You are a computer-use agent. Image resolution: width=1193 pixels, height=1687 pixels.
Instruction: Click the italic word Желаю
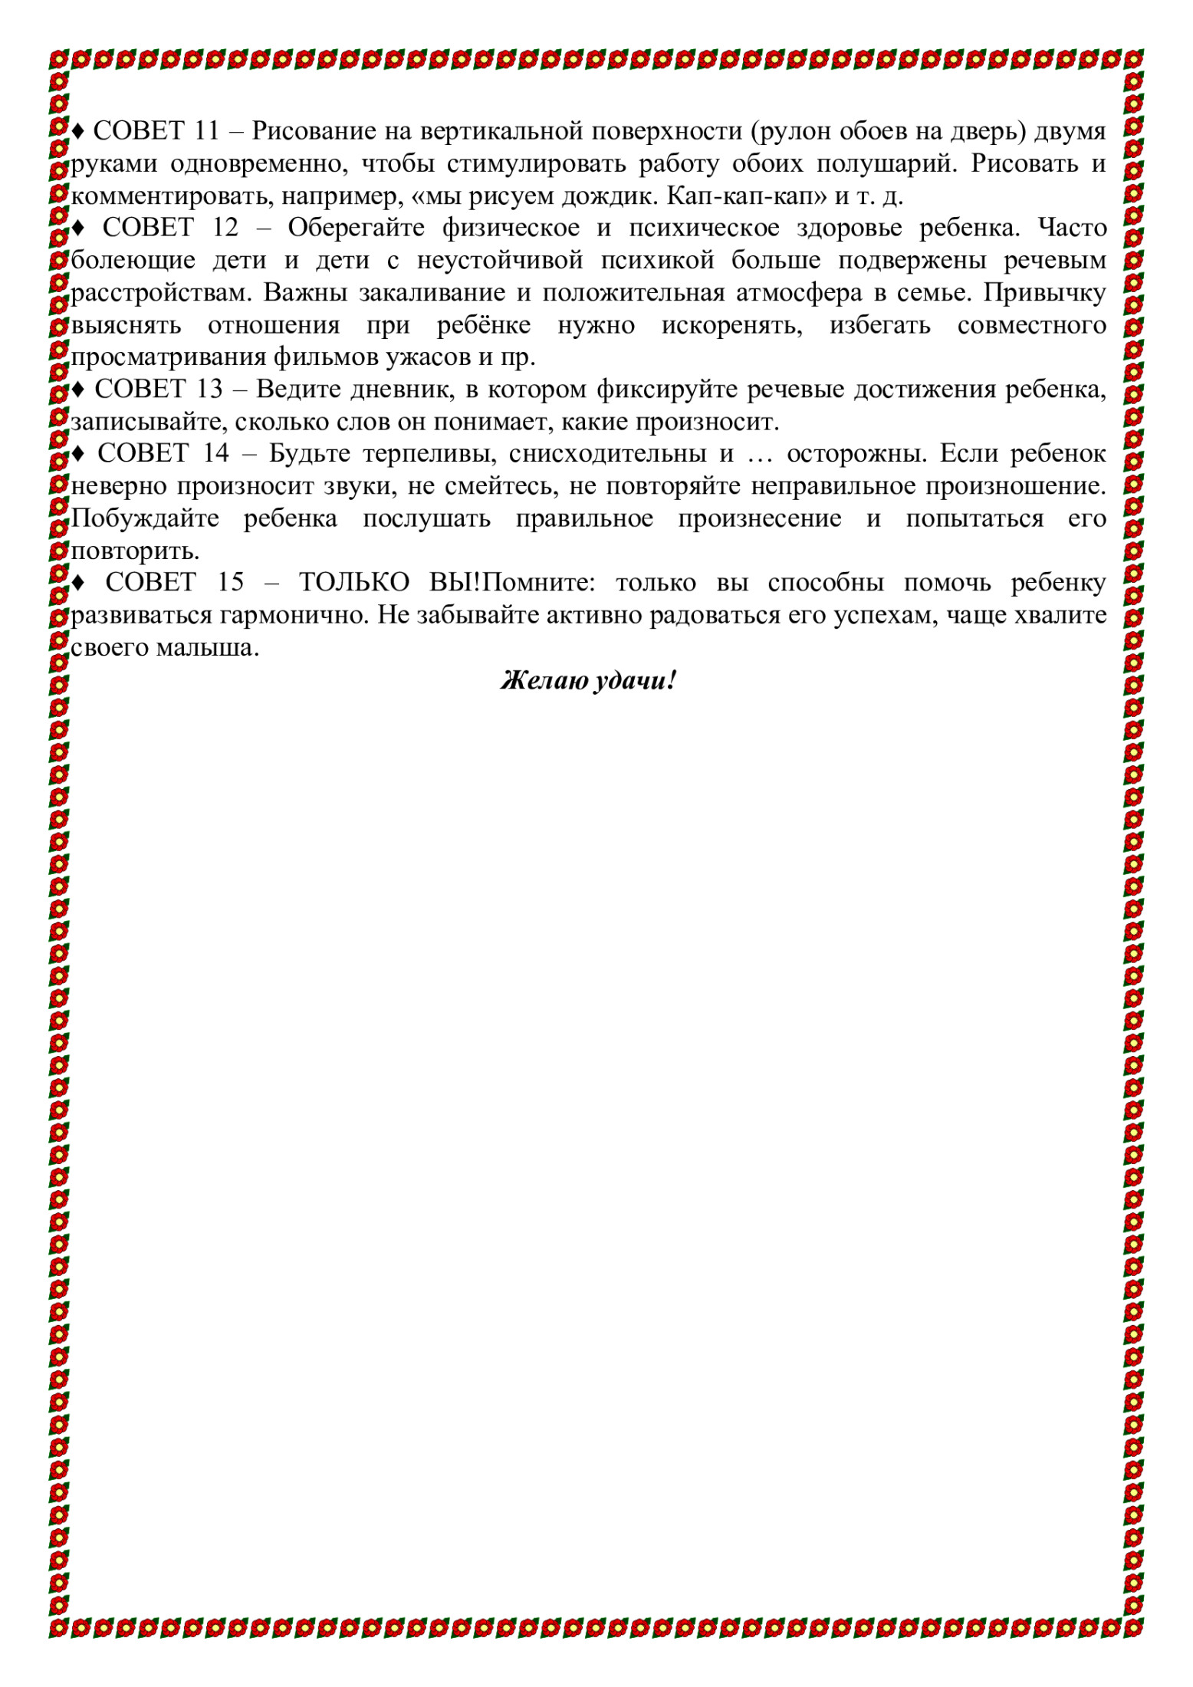(543, 681)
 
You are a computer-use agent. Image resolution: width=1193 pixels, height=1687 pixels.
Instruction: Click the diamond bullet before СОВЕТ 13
(79, 390)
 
